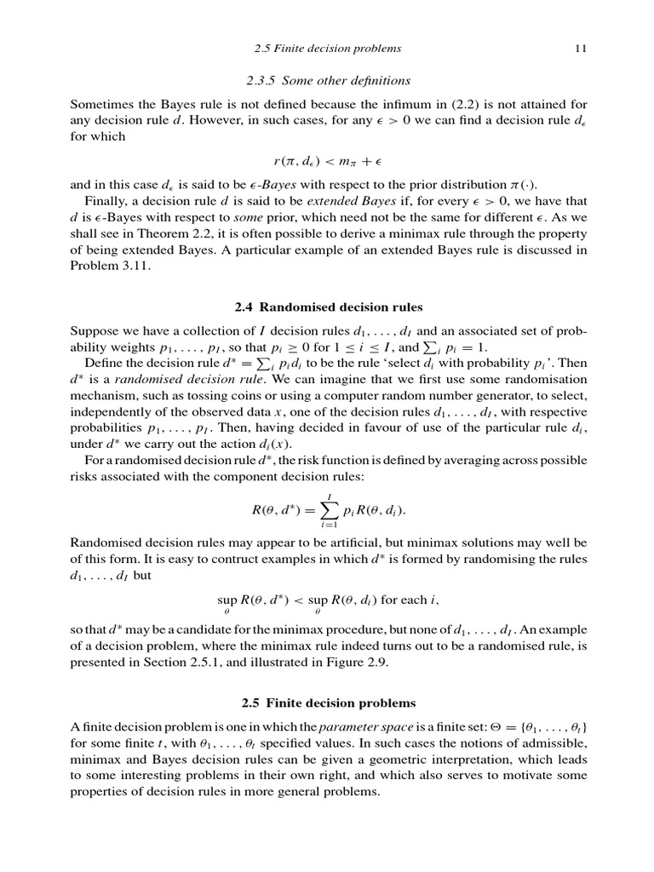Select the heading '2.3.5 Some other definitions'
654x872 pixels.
328,81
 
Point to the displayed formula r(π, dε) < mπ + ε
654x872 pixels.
328,161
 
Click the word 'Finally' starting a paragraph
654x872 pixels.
106,201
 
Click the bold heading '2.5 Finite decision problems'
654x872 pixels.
328,703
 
